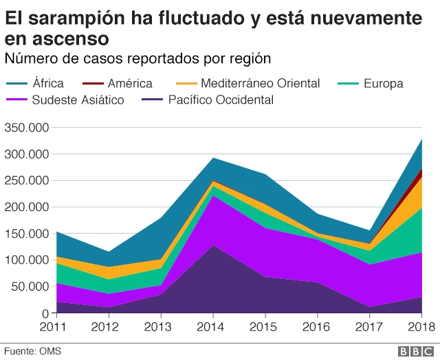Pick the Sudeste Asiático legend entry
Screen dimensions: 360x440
78,100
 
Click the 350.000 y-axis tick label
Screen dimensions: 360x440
26,128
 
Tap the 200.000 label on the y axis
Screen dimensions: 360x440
26,207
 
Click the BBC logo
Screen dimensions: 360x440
415,350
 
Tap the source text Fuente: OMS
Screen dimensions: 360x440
31,351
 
